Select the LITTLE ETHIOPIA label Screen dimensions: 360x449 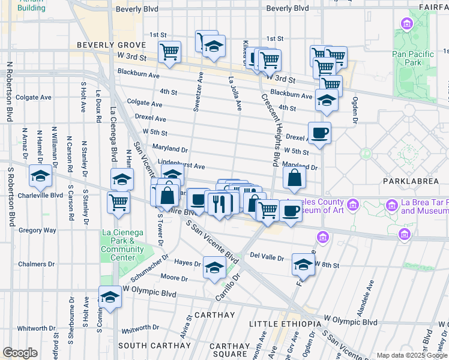tap(285, 324)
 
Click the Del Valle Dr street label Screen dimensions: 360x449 tap(267, 257)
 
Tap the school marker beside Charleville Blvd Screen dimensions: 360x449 tap(40, 176)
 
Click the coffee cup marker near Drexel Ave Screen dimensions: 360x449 tap(319, 133)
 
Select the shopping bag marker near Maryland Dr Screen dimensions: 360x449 tap(294, 178)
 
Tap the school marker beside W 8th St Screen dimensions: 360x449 tap(303, 263)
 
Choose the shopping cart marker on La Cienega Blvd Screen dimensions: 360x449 tap(119, 201)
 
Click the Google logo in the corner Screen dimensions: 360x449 tap(20, 353)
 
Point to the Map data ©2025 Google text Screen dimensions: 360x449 tap(412, 355)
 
